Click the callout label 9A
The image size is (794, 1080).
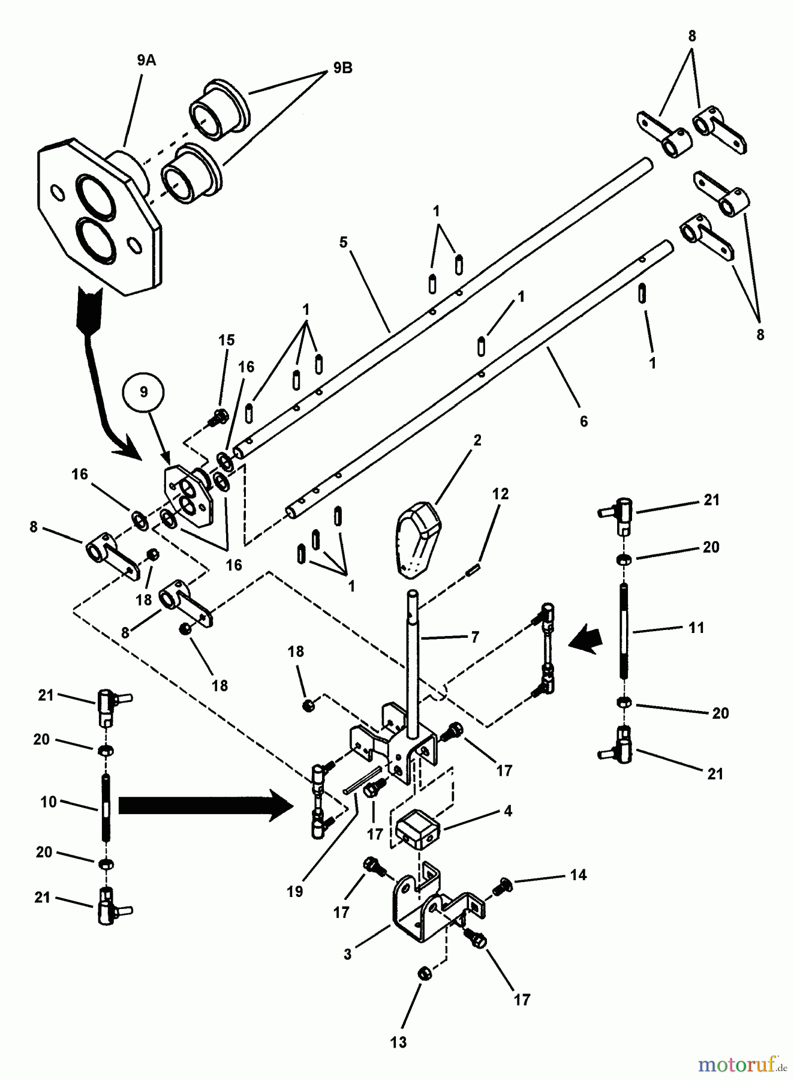[x=146, y=61]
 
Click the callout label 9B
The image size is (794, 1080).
[x=342, y=68]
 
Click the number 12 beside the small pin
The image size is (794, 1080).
[x=500, y=494]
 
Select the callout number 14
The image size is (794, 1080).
[x=578, y=875]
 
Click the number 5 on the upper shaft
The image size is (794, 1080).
[x=343, y=243]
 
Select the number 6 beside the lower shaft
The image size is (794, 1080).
[x=584, y=421]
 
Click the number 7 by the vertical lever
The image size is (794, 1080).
[x=474, y=637]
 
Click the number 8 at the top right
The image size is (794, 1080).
[x=691, y=36]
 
